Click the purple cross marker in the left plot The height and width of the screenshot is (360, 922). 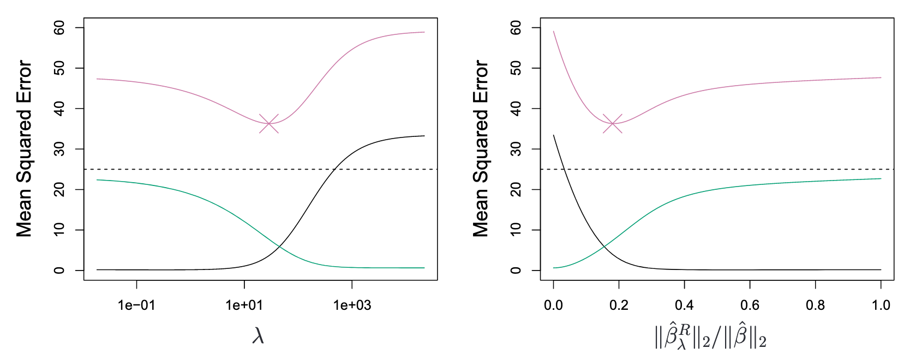pyautogui.click(x=269, y=124)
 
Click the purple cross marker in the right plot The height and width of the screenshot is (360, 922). pyautogui.click(x=613, y=124)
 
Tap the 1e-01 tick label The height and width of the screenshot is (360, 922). pyautogui.click(x=136, y=305)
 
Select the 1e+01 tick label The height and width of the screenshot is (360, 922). pyautogui.click(x=244, y=305)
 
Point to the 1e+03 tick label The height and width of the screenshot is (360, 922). pyautogui.click(x=352, y=305)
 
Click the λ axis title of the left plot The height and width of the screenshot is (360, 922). pyautogui.click(x=259, y=336)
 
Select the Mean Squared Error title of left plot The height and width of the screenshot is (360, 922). pyautogui.click(x=25, y=148)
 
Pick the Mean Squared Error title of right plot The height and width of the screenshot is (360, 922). pyautogui.click(x=481, y=148)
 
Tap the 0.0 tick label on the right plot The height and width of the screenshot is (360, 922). pyautogui.click(x=554, y=305)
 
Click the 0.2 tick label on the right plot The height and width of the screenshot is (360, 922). pyautogui.click(x=619, y=305)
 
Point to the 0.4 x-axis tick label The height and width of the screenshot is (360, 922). pyautogui.click(x=685, y=305)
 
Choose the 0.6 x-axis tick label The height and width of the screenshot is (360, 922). pyautogui.click(x=750, y=305)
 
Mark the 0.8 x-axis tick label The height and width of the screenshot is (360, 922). pyautogui.click(x=816, y=305)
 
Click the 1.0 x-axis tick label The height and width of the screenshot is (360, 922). pyautogui.click(x=881, y=305)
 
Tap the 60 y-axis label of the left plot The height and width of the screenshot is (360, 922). pyautogui.click(x=59, y=28)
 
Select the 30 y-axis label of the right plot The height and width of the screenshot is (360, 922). pyautogui.click(x=516, y=149)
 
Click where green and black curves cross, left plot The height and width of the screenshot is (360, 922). pyautogui.click(x=279, y=247)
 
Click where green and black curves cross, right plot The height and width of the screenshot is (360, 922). pyautogui.click(x=604, y=247)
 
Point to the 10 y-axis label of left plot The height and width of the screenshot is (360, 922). pyautogui.click(x=59, y=230)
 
